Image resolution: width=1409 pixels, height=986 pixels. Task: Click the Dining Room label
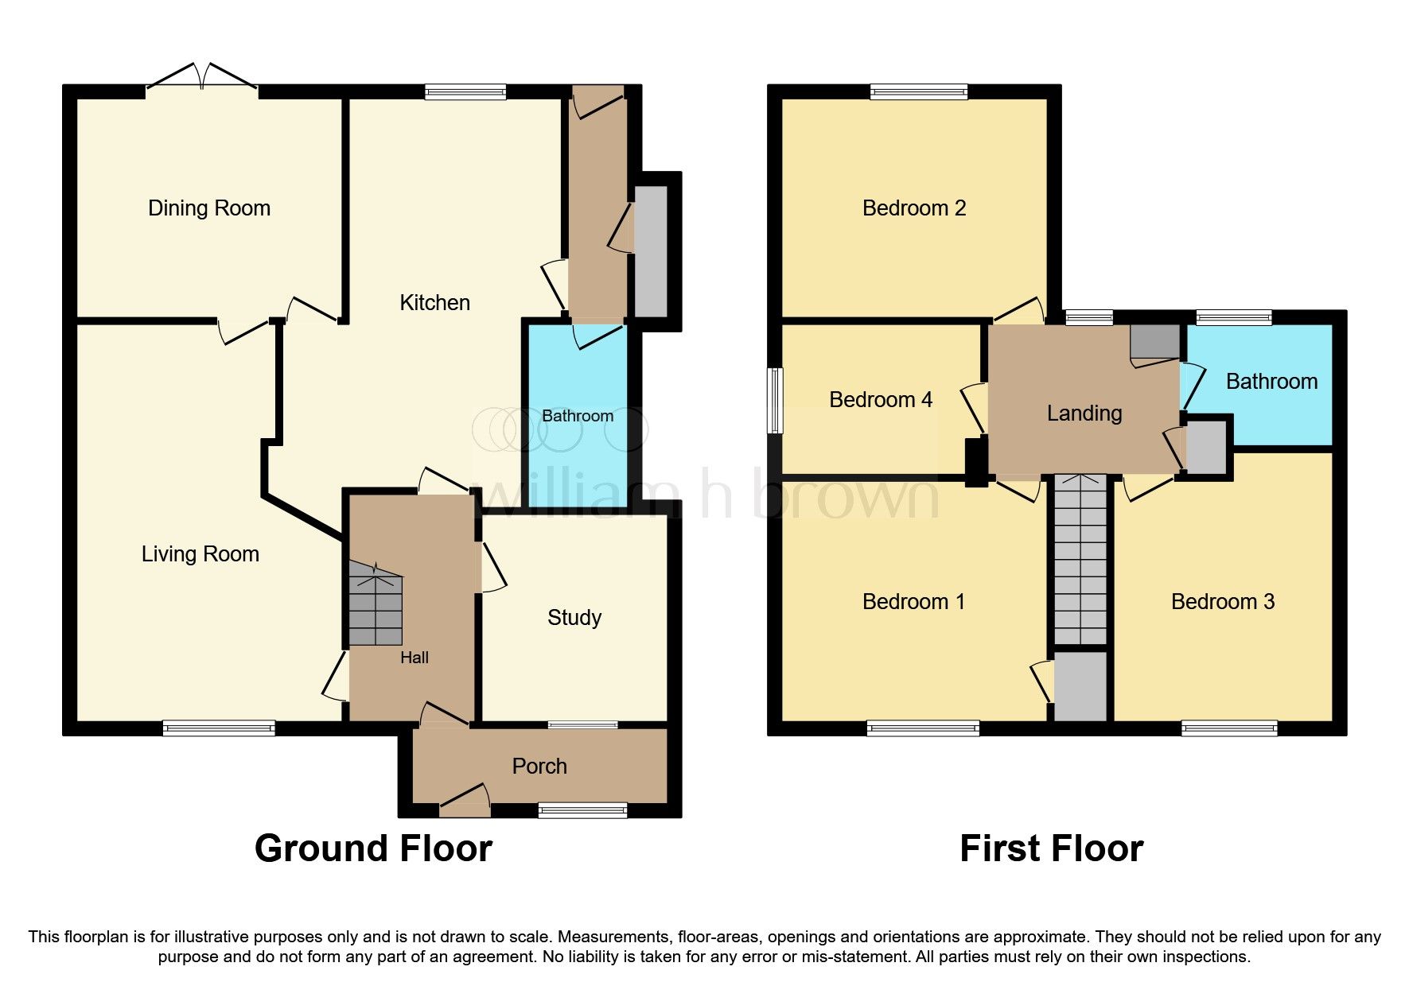click(209, 208)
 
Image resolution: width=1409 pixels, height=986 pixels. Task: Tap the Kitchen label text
click(434, 303)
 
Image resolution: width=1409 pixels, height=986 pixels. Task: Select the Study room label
click(574, 618)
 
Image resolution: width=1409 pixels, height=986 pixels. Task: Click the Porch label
click(539, 767)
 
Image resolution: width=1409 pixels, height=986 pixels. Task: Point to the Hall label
click(414, 658)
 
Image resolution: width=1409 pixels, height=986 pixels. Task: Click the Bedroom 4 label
click(880, 400)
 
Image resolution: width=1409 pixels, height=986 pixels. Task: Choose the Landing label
click(1084, 413)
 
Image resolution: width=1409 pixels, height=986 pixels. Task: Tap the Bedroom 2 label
click(913, 208)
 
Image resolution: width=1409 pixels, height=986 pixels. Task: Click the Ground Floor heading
click(373, 848)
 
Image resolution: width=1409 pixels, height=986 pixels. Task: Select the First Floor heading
click(1051, 848)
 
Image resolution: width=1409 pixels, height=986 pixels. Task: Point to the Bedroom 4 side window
click(774, 400)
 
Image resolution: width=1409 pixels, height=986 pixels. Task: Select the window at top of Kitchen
click(465, 92)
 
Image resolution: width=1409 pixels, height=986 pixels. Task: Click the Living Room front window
click(219, 728)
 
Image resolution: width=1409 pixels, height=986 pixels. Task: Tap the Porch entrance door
click(465, 802)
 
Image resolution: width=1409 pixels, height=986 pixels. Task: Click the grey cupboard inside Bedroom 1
click(1080, 686)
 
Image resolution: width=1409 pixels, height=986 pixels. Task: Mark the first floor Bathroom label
click(1271, 382)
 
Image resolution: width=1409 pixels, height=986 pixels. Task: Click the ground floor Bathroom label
click(577, 416)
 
